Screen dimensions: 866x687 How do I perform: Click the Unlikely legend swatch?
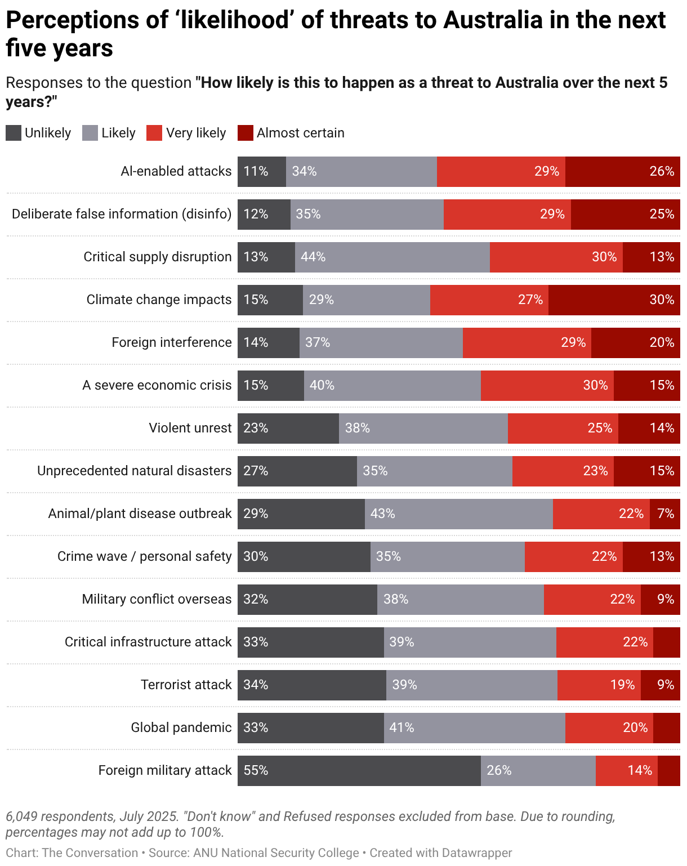14,133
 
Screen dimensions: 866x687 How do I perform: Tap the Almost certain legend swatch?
246,133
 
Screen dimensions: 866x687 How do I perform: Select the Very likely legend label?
196,133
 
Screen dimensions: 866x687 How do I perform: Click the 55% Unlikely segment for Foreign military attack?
359,771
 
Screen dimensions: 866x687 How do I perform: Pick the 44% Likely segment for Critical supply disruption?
392,257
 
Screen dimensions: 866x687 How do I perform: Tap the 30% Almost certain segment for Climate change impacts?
614,300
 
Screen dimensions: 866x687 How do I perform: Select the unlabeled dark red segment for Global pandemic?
666,728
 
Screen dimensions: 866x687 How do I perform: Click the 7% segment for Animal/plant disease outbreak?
665,514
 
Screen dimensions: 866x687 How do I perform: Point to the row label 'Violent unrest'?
190,428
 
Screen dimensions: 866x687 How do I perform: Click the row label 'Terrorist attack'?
186,685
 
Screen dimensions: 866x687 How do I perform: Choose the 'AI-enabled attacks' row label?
176,172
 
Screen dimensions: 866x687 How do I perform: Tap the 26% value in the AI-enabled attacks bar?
662,172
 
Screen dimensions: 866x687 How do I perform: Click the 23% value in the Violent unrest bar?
256,428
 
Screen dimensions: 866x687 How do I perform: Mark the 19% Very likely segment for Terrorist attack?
599,685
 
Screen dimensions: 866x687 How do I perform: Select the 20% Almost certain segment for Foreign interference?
635,343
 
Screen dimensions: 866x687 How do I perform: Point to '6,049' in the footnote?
21,816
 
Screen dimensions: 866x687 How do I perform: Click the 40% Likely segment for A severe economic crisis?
392,386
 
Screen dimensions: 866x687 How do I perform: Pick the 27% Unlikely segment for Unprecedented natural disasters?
297,471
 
